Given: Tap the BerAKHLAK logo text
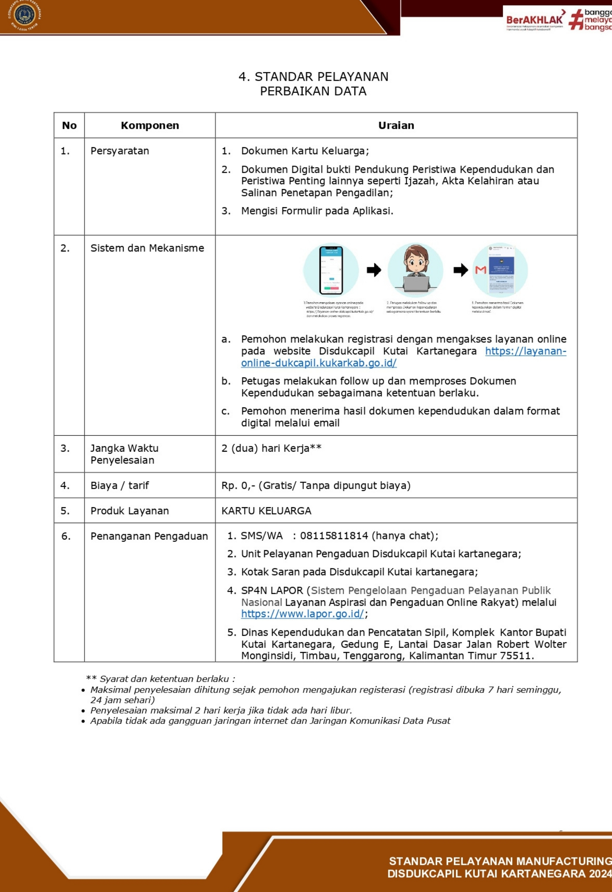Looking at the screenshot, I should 534,19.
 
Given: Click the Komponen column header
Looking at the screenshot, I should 150,125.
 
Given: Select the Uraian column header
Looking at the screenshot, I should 396,125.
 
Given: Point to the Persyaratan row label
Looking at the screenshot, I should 120,151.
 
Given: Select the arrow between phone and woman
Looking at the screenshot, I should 373,270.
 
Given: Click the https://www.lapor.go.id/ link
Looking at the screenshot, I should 302,614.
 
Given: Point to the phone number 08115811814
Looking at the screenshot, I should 334,535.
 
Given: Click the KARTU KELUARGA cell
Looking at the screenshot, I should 266,511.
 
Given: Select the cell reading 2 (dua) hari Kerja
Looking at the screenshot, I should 271,448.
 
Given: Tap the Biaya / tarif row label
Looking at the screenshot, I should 120,486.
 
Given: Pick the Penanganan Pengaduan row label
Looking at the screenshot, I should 149,536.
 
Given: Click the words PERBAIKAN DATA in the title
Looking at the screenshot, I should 313,91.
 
